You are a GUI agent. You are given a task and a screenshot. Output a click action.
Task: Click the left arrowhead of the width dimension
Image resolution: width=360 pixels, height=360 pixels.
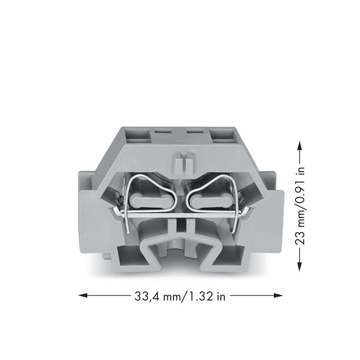[83, 295]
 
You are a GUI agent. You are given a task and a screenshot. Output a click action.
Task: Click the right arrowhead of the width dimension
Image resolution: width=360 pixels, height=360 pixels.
[278, 295]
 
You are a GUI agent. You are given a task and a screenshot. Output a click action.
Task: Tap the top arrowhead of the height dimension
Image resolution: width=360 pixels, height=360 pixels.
[299, 145]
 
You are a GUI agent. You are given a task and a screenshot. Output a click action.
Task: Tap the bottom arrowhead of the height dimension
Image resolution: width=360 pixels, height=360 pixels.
[299, 266]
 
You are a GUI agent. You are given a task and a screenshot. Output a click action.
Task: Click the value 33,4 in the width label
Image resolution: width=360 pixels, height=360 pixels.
[148, 296]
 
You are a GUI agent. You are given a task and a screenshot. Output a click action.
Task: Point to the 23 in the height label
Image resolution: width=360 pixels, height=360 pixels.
[300, 238]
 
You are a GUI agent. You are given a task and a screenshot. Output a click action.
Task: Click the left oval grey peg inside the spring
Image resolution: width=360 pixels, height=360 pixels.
[151, 200]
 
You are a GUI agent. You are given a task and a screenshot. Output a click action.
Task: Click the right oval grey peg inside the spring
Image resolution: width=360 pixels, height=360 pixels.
[211, 200]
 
